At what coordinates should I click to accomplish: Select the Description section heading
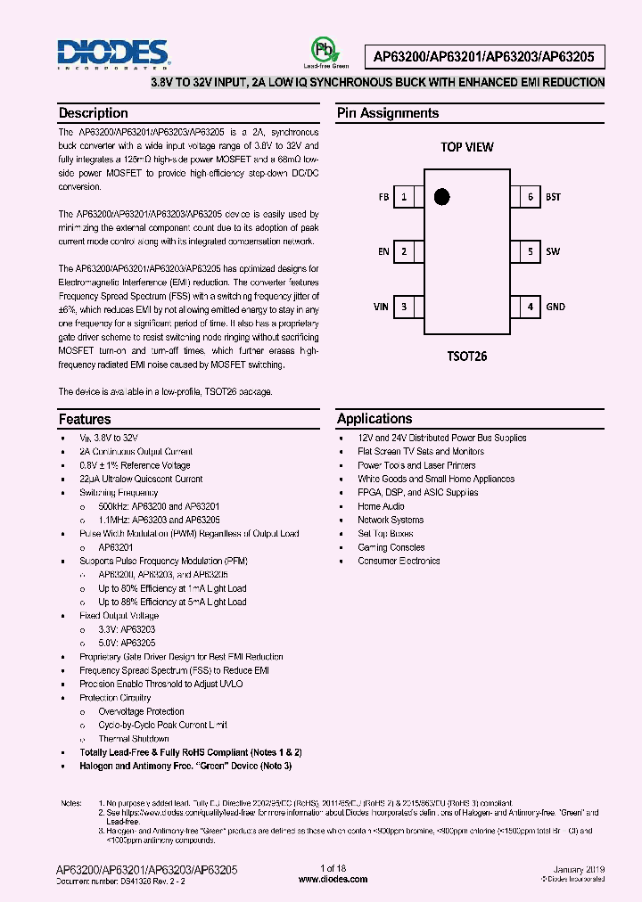coord(93,113)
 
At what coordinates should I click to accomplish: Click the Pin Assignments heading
coord(387,113)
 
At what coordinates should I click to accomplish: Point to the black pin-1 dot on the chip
coord(440,196)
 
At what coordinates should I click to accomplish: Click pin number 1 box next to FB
coord(406,197)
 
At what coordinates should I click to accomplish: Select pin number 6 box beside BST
coord(530,197)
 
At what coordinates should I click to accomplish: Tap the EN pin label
coord(383,252)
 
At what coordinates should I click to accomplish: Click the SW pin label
coord(553,252)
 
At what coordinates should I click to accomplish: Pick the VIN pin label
coord(381,307)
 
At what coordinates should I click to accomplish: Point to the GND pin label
coord(555,307)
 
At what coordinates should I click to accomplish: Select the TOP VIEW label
coord(466,147)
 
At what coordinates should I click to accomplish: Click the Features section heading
coord(85,419)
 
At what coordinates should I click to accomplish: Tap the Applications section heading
coord(374,419)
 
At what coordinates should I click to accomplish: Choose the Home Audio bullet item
coord(381,506)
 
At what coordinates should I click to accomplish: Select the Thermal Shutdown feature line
coord(133,739)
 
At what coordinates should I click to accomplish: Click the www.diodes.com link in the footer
coord(333,879)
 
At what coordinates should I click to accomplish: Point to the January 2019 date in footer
coord(579,869)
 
